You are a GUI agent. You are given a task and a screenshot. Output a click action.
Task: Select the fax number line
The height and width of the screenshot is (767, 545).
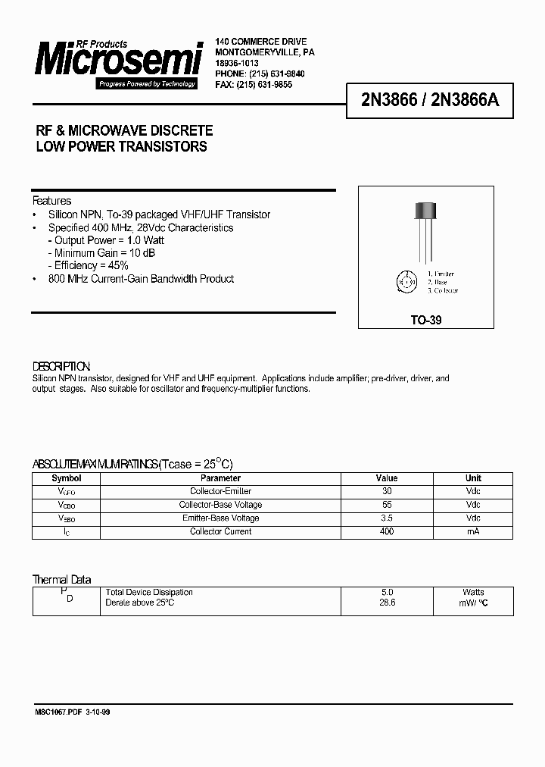tap(254, 85)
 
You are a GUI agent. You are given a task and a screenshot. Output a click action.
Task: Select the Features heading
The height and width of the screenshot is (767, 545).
tap(51, 201)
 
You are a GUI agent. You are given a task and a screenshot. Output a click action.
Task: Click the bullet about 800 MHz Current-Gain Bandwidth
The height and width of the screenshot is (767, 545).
tap(141, 279)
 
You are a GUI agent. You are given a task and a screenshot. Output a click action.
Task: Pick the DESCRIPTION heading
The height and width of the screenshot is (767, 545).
tap(61, 366)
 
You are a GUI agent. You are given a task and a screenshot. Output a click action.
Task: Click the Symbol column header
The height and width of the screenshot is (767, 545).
tap(66, 478)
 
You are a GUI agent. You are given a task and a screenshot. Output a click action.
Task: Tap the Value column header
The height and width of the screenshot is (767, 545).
tap(387, 478)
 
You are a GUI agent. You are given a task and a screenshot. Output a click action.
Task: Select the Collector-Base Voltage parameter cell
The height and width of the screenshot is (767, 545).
tap(220, 505)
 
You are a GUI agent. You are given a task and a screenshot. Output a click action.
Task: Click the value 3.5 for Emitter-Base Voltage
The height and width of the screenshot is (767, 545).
tap(387, 518)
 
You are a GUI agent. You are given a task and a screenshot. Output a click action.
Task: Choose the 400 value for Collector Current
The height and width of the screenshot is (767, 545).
tap(387, 531)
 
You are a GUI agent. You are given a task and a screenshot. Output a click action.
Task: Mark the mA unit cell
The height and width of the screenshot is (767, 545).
tap(473, 531)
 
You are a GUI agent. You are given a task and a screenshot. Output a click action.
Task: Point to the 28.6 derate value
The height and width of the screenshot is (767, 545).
tap(387, 602)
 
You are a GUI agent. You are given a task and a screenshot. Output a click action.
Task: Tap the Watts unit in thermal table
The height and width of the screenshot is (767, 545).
tap(473, 592)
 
